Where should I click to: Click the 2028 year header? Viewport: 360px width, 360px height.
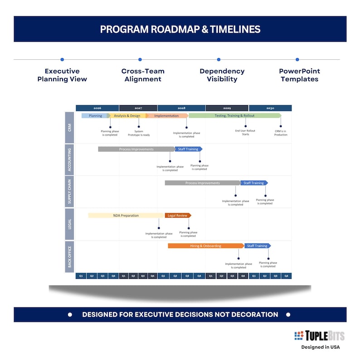click(x=181, y=108)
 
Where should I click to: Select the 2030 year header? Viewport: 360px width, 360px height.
click(x=270, y=108)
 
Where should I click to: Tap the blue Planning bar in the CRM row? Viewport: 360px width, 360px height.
click(x=95, y=116)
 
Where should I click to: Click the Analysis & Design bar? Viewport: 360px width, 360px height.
click(x=127, y=116)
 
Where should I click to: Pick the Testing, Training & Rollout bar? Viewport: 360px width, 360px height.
click(x=234, y=116)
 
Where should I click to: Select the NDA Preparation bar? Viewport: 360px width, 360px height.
click(x=126, y=215)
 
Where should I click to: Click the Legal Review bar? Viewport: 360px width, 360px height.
click(x=178, y=215)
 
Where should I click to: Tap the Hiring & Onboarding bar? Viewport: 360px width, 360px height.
click(x=206, y=246)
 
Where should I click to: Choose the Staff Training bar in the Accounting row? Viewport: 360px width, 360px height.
click(x=188, y=149)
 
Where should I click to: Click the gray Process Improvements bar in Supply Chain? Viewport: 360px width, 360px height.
click(x=202, y=183)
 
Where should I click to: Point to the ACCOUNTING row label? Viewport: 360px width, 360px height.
click(x=70, y=160)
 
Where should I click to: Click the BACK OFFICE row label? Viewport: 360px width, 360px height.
click(x=70, y=257)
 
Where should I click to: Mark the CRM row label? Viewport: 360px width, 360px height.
click(x=70, y=127)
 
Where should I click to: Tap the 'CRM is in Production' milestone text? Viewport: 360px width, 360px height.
click(x=281, y=133)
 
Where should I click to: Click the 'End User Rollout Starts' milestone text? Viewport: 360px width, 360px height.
click(x=245, y=132)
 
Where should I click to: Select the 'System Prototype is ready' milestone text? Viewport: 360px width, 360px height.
click(x=139, y=133)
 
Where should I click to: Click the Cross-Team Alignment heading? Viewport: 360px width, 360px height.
click(x=143, y=75)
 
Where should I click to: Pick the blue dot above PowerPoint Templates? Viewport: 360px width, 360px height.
click(x=297, y=59)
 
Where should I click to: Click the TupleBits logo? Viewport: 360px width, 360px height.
click(x=319, y=336)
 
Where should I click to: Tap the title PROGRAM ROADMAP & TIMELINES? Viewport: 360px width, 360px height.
click(x=180, y=29)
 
